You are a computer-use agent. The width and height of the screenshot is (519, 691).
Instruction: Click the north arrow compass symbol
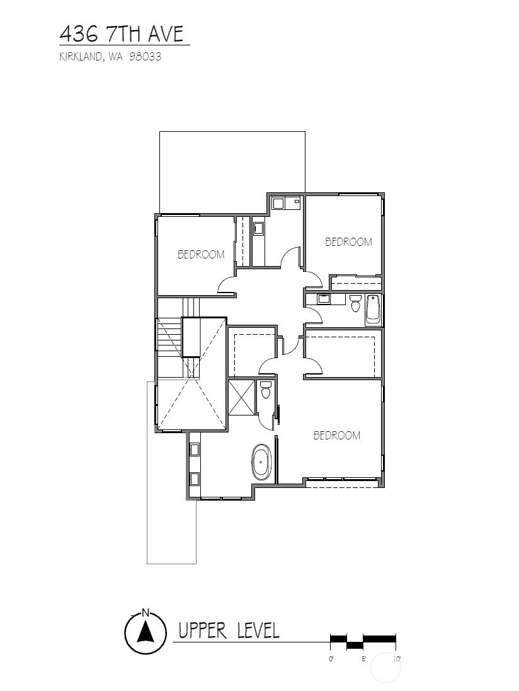[x=145, y=634]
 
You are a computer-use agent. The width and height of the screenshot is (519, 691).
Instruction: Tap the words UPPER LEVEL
[x=229, y=630]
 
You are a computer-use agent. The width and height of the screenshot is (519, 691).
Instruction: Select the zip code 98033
[x=144, y=57]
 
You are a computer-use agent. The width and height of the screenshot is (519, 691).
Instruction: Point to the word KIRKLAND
[x=81, y=57]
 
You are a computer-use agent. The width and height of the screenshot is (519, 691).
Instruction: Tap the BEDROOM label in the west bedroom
[x=201, y=255]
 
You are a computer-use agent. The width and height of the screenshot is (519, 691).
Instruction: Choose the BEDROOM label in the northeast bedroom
[x=348, y=241]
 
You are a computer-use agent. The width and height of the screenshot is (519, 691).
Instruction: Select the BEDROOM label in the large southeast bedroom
[x=336, y=435]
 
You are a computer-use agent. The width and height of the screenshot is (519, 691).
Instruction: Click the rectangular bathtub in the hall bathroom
[x=373, y=310]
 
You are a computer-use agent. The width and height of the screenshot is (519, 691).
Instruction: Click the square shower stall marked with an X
[x=242, y=397]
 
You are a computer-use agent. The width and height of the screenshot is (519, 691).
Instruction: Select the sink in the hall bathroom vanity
[x=324, y=299]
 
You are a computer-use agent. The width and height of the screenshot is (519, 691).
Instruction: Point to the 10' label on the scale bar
[x=397, y=659]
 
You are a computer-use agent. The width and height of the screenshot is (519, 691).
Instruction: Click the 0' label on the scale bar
[x=332, y=659]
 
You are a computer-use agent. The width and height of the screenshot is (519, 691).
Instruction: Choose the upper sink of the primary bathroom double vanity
[x=195, y=450]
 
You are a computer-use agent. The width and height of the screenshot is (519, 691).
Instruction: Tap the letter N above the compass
[x=145, y=612]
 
